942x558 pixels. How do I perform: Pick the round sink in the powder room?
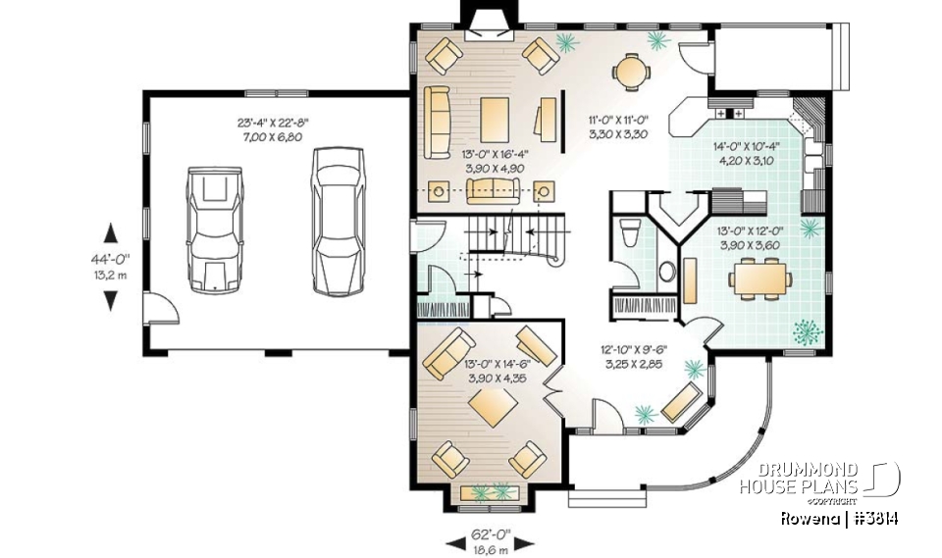(667, 271)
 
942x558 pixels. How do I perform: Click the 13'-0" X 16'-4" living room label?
(494, 161)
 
